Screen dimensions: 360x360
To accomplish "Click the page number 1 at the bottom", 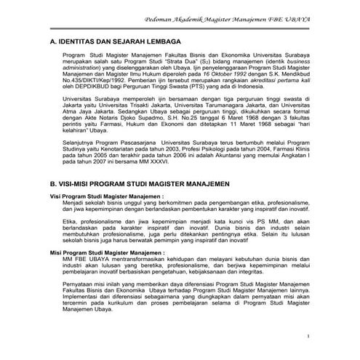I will point(308,336).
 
